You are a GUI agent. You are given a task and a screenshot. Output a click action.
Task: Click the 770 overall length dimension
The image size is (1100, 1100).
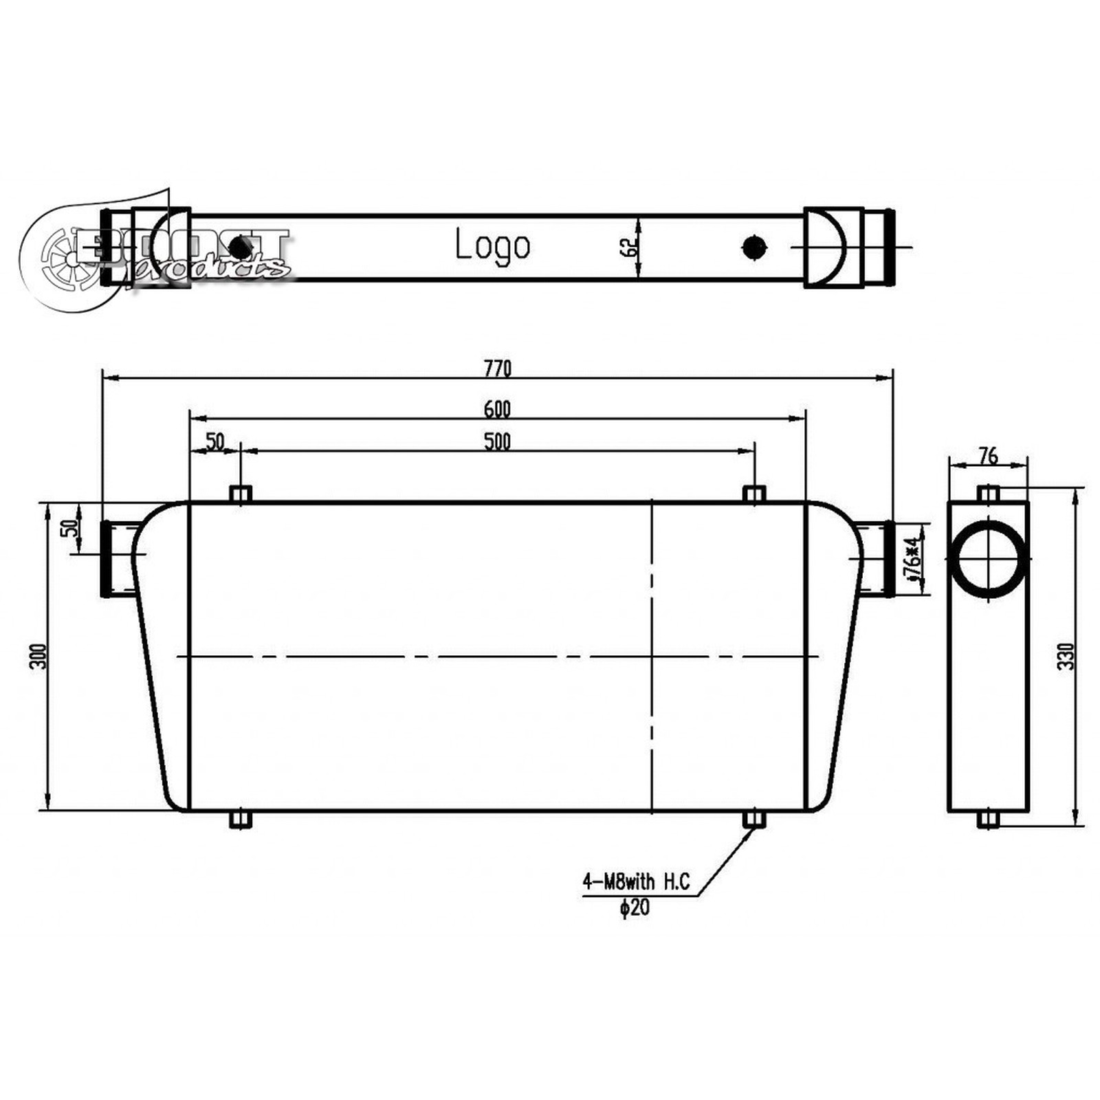pyautogui.click(x=497, y=369)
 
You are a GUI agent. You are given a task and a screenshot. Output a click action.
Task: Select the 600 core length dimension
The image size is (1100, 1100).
pyautogui.click(x=497, y=409)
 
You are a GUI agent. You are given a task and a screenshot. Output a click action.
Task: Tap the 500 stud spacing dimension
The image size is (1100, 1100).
pyautogui.click(x=497, y=441)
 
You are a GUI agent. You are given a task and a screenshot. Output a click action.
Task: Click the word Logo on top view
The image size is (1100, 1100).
pyautogui.click(x=492, y=245)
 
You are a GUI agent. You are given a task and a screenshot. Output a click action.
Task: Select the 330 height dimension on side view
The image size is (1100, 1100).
pyautogui.click(x=1065, y=657)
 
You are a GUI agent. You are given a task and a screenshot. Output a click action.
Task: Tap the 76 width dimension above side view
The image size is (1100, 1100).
pyautogui.click(x=988, y=456)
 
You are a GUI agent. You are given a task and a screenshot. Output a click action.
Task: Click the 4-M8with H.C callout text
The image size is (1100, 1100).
pyautogui.click(x=636, y=882)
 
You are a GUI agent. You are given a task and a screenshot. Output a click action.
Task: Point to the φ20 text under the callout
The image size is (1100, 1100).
pyautogui.click(x=634, y=908)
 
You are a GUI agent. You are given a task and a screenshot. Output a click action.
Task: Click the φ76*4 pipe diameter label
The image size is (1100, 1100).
pyautogui.click(x=912, y=560)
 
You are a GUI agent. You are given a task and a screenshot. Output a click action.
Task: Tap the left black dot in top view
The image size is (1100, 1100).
pyautogui.click(x=239, y=247)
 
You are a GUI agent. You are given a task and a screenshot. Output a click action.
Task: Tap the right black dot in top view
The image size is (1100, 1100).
pyautogui.click(x=755, y=247)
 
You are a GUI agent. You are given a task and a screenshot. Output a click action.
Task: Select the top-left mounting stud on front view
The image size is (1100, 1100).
pyautogui.click(x=240, y=494)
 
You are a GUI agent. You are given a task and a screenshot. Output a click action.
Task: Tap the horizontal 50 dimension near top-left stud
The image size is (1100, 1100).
pyautogui.click(x=215, y=441)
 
